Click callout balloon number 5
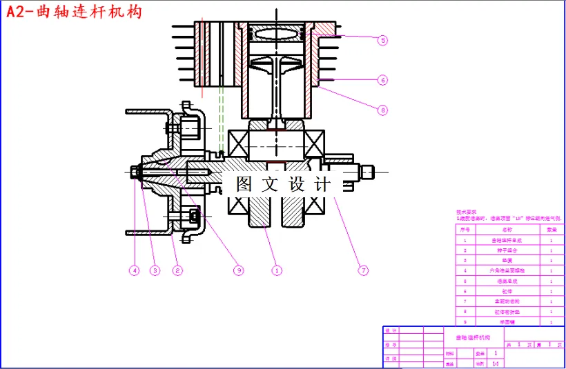(382, 40)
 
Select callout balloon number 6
(382, 79)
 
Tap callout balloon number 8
(382, 109)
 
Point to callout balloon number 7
(363, 270)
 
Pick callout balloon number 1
(277, 270)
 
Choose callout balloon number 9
(239, 270)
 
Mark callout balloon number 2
(177, 270)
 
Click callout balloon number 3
(155, 270)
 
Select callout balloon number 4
(134, 270)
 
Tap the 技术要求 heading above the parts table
(467, 212)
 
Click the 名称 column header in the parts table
(507, 229)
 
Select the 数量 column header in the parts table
(552, 229)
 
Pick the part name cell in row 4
(507, 271)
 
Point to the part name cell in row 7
(507, 301)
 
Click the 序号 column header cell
(465, 229)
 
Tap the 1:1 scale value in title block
(496, 363)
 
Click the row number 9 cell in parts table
(465, 321)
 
